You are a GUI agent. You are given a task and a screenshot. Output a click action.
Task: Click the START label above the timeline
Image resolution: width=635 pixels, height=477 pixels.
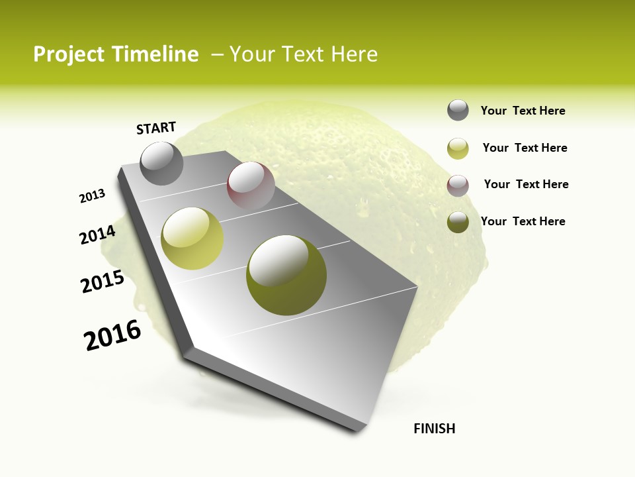pos(156,127)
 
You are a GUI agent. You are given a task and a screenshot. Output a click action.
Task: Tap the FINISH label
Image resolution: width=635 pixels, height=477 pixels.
pos(434,429)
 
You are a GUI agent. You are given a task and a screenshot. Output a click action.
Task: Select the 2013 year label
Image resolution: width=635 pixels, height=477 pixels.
pos(92,196)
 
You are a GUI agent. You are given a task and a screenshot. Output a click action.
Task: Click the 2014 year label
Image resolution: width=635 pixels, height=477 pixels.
pos(97,235)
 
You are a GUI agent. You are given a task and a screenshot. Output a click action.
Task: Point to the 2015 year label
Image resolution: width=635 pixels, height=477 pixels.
pos(102,282)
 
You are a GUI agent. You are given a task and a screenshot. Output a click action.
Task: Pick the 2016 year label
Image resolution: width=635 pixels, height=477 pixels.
pos(112,335)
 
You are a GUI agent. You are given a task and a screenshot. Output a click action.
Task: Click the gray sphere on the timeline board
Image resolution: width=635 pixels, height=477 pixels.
pos(162,163)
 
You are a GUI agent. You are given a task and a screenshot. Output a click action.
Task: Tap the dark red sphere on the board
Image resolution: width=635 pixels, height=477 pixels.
pos(251,185)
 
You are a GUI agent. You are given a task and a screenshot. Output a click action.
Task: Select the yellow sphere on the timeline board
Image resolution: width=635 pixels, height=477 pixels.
pos(192,238)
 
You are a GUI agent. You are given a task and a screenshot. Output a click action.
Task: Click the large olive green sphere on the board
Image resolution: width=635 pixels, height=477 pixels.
pos(286,274)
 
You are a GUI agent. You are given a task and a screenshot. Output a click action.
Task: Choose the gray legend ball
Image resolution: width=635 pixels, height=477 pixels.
pos(458,111)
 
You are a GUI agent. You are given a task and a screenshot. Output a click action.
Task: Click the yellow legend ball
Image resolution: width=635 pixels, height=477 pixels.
pos(458,148)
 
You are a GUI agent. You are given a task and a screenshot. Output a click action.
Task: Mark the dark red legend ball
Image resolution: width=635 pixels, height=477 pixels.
pos(458,185)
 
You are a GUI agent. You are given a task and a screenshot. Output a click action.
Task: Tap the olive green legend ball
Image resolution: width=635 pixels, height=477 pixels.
pos(458,223)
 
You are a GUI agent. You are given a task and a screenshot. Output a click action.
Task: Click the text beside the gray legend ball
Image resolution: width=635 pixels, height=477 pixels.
pos(523,111)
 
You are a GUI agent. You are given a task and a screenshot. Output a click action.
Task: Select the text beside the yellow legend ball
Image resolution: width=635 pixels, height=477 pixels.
pos(525,148)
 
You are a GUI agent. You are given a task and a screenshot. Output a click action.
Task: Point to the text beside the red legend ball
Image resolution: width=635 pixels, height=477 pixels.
pos(526,184)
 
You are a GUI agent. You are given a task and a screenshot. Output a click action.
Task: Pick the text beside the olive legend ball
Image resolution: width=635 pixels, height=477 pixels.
pos(523,221)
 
